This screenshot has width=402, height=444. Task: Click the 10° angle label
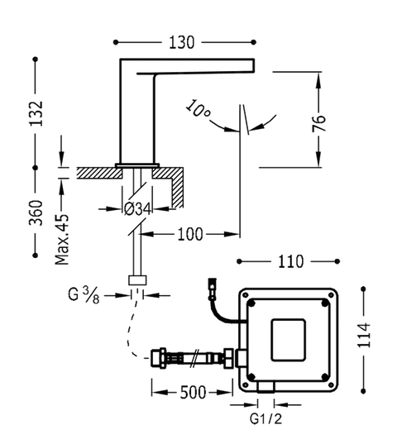198,109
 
